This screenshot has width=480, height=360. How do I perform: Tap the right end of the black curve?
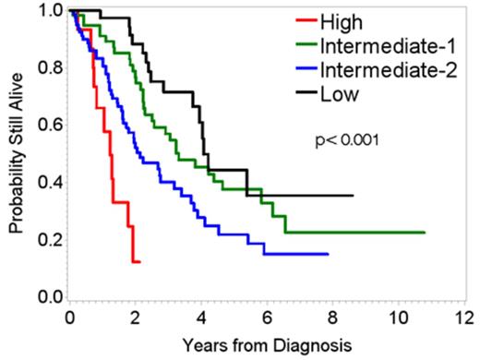pyautogui.click(x=353, y=196)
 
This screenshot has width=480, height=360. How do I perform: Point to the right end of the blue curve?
pyautogui.click(x=328, y=254)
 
